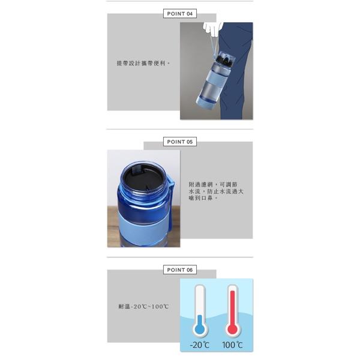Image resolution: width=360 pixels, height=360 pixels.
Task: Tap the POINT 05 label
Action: (x=179, y=142)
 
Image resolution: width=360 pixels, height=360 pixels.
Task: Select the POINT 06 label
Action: (x=179, y=270)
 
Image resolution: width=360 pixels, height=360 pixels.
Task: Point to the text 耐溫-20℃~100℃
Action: (x=143, y=307)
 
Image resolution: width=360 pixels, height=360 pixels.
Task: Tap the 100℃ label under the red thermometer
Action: (x=232, y=344)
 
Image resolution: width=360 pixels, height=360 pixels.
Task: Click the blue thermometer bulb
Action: (x=200, y=328)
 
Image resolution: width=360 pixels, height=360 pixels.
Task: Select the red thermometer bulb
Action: (x=232, y=328)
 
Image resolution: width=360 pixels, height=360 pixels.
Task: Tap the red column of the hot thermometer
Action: (x=232, y=306)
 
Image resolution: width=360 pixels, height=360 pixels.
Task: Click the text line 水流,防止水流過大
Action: (x=219, y=191)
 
